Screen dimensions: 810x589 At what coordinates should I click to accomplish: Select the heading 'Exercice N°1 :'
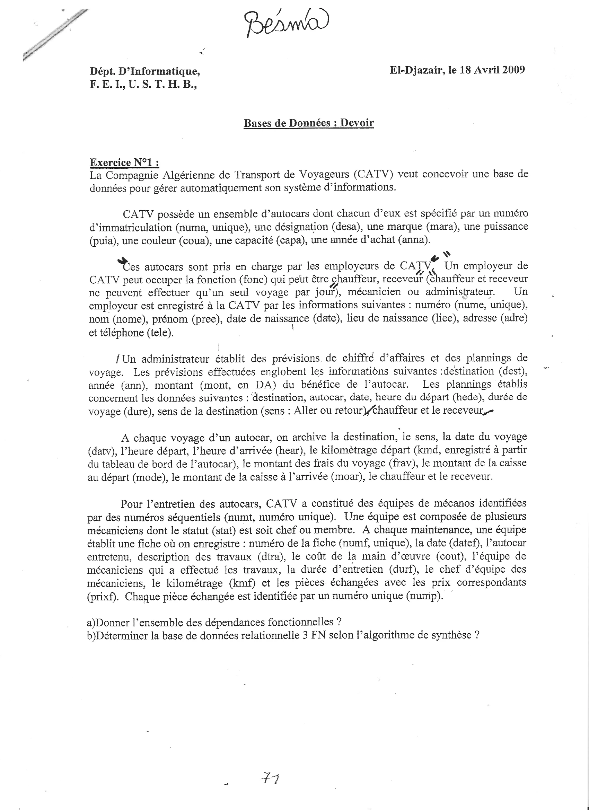[124, 163]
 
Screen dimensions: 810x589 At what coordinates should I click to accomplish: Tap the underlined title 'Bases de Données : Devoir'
[309, 123]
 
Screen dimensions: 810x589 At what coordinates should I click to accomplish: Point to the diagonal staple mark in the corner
[55, 35]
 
